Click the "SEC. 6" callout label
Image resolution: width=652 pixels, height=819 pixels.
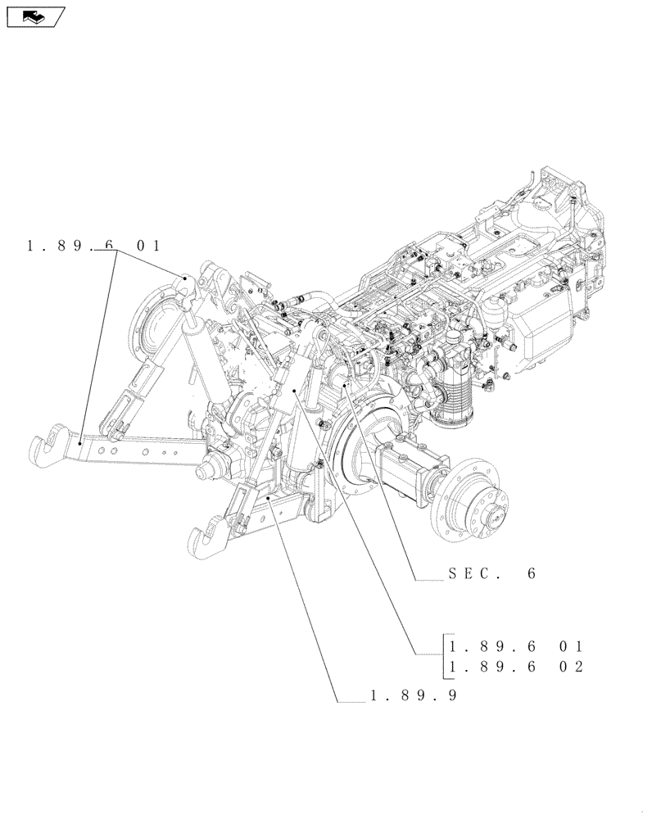tap(491, 574)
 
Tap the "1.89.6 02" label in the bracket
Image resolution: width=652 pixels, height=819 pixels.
tap(514, 667)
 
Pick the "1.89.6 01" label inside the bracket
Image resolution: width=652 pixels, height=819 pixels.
tap(514, 646)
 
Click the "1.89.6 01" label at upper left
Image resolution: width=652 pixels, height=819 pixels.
tap(93, 246)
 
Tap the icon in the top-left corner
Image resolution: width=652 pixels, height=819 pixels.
tap(34, 16)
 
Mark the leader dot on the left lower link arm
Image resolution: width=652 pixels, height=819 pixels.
tap(79, 443)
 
